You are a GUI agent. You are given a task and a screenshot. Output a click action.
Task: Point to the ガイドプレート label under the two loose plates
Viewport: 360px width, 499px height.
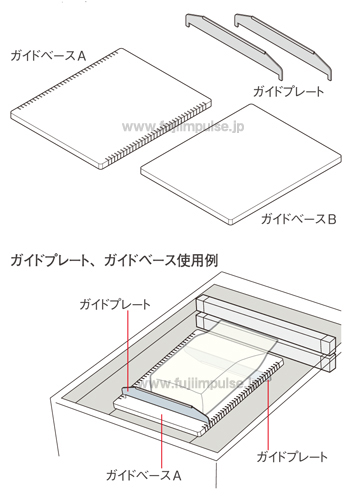[288, 92]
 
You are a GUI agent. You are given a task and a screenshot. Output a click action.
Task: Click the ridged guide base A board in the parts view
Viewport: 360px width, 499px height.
[110, 105]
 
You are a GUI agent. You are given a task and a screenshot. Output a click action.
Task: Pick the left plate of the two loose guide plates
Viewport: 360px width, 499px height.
[235, 46]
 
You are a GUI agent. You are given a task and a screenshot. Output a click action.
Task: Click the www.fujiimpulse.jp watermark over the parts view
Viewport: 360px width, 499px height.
[180, 129]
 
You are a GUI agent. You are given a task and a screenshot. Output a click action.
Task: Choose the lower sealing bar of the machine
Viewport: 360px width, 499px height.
[265, 326]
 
